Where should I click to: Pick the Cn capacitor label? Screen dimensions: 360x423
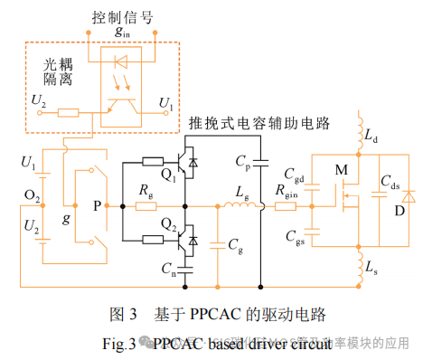tap(169, 268)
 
